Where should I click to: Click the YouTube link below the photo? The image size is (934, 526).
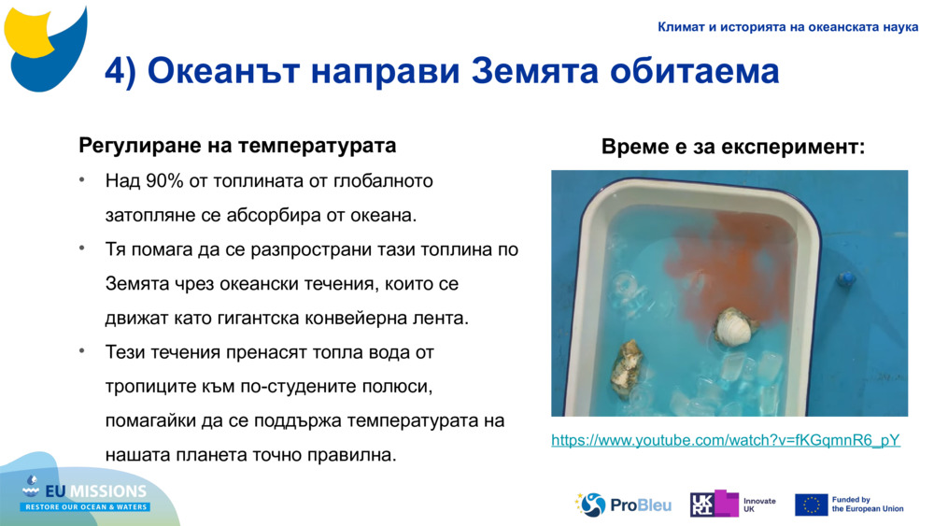click(726, 440)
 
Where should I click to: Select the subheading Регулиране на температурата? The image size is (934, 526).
click(237, 146)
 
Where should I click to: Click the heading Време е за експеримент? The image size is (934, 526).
click(733, 148)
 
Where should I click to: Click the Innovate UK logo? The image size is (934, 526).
click(733, 505)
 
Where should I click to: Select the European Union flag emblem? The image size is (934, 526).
click(811, 505)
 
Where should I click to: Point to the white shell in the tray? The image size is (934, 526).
click(735, 328)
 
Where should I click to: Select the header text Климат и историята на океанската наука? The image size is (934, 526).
click(787, 27)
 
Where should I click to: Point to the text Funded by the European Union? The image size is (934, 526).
click(868, 505)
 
